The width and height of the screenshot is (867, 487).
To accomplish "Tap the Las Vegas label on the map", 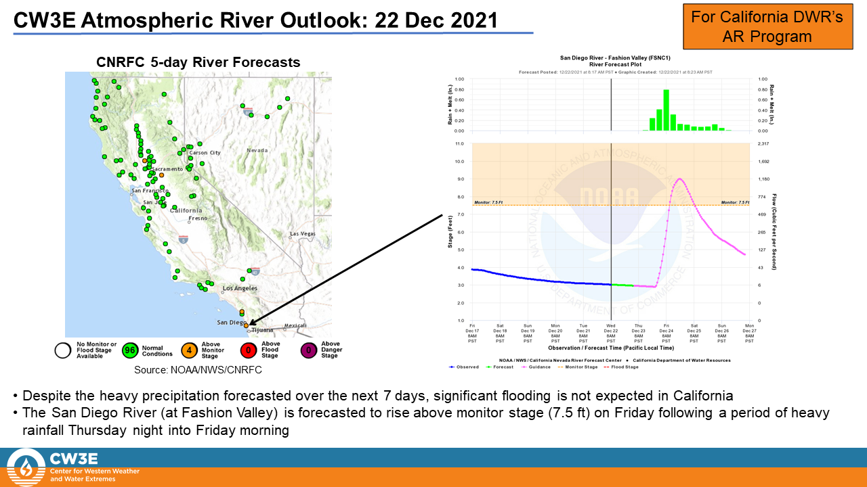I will tap(303, 234).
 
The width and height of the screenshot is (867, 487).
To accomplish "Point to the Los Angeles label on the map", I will tap(240, 289).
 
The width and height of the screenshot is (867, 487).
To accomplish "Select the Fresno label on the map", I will tap(198, 218).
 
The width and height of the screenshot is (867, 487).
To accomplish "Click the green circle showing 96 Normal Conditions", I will tap(130, 350).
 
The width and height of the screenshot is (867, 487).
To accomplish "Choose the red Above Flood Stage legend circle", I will tap(249, 350).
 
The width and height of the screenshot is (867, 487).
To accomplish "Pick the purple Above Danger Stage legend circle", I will tap(309, 350).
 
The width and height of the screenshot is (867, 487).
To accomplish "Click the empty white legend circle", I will tap(64, 350).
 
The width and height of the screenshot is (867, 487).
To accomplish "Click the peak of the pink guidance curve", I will tap(679, 179).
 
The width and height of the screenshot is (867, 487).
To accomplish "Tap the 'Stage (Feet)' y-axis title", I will tap(450, 231).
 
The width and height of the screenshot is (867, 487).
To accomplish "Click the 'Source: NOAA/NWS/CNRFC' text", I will tap(198, 370).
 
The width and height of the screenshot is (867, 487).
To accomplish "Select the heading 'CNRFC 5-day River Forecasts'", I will tap(198, 63).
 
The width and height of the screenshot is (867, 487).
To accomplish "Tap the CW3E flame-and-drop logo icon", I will tap(25, 467).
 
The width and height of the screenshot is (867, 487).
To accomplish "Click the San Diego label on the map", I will tap(232, 323).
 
